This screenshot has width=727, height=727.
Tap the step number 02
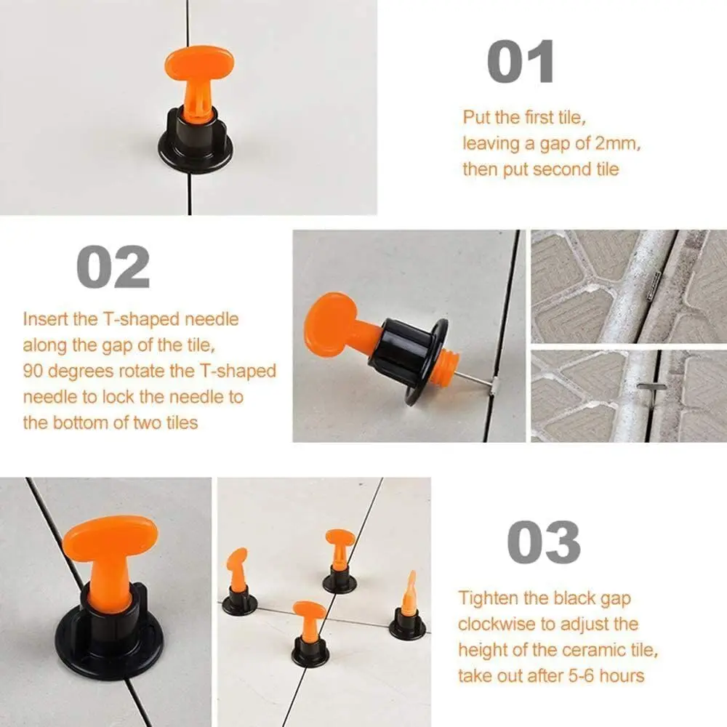[113, 267]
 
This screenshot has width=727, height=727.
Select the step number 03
[543, 542]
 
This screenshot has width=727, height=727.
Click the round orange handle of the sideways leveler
[331, 324]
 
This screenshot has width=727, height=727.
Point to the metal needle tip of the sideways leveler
[490, 383]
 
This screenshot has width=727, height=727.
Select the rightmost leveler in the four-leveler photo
[408, 609]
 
